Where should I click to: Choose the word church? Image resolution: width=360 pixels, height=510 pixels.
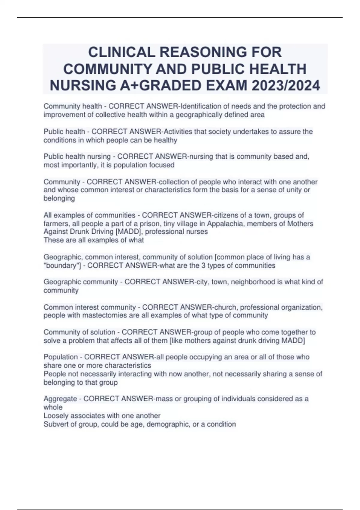click(x=225, y=307)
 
